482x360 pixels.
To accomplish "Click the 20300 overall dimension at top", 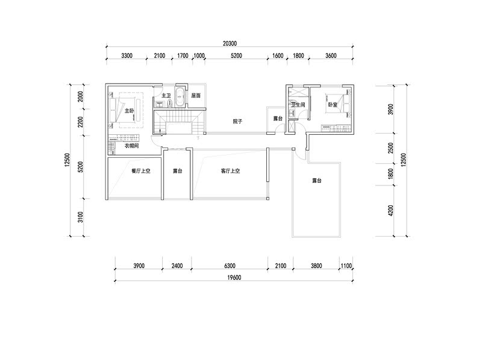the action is tap(230, 43).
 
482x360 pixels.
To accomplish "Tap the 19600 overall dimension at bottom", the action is tap(234, 278).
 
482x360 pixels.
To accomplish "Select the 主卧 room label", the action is tap(129, 111).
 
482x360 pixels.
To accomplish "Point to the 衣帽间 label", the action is tap(131, 146).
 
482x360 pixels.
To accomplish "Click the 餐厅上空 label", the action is tap(141, 171).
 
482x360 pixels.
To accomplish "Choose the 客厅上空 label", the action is tap(230, 171).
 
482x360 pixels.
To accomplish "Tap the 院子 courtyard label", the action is tap(237, 122).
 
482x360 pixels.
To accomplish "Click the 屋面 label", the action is tap(196, 96).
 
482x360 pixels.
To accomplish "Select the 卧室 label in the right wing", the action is tap(333, 105).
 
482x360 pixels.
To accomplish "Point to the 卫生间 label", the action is tap(298, 105).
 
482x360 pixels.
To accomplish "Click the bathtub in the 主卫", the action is tap(180, 97).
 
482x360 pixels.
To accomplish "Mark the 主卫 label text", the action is tap(166, 96).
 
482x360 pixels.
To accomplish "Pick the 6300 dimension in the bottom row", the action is tap(230, 265).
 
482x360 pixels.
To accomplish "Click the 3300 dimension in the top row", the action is tap(127, 55).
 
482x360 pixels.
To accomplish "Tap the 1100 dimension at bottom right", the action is tap(346, 265).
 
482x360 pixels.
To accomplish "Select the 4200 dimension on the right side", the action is tap(390, 211).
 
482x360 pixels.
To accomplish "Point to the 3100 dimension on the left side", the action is tap(80, 217).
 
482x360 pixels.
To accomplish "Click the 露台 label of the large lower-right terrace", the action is tap(317, 181).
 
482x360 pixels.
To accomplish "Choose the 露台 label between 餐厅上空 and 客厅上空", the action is tap(177, 171).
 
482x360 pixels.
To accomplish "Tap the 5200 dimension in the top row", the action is tap(236, 55).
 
